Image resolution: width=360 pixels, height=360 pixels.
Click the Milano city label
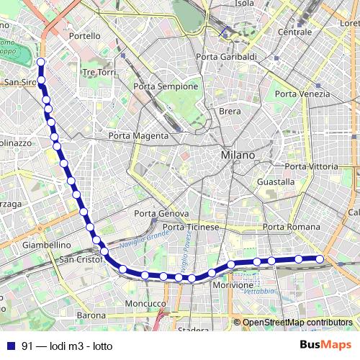(x=238, y=155)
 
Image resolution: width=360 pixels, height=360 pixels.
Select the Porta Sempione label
(x=166, y=86)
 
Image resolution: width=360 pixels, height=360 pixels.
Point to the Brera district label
(x=230, y=111)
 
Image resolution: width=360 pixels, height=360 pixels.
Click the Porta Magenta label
(x=138, y=135)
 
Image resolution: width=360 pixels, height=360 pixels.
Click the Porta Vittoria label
(x=311, y=166)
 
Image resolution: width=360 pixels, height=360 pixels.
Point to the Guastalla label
(x=276, y=182)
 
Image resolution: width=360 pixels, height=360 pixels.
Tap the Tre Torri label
(x=99, y=73)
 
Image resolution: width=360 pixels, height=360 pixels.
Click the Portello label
(x=86, y=35)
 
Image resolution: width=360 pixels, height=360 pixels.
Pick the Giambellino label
(x=46, y=245)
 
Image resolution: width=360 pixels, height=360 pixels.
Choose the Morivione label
(x=233, y=285)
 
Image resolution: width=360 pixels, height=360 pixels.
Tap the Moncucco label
(x=146, y=304)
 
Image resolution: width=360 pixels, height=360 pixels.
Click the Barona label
(x=91, y=315)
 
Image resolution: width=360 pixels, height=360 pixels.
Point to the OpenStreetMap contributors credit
(x=297, y=323)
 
